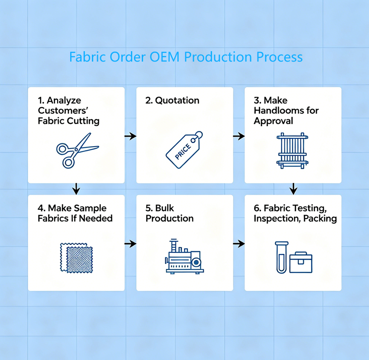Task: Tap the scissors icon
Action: (x=75, y=151)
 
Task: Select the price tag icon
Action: (x=184, y=150)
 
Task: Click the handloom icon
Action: (x=292, y=151)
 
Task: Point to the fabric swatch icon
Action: (x=76, y=258)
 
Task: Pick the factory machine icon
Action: (x=185, y=256)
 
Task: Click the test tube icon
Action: (x=281, y=257)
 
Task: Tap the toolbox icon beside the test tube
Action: (x=301, y=262)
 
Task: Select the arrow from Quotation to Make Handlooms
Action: (x=239, y=136)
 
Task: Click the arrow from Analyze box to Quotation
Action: (x=131, y=136)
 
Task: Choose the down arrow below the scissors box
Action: (x=76, y=189)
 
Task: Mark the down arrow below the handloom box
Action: (x=293, y=189)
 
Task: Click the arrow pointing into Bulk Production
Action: (x=131, y=244)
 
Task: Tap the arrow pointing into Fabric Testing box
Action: (x=239, y=244)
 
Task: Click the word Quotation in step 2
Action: (x=177, y=101)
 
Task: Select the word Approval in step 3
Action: (x=273, y=121)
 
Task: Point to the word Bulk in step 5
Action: (x=164, y=208)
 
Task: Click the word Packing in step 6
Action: (x=320, y=219)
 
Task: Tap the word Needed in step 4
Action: (x=96, y=219)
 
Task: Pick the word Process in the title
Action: (x=279, y=57)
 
